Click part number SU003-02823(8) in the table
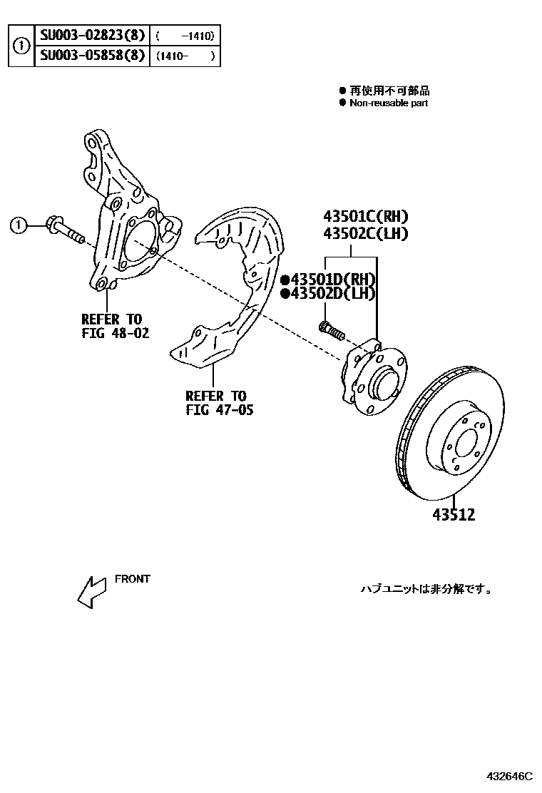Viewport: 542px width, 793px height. tap(92, 36)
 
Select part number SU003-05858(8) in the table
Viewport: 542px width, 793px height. tap(92, 56)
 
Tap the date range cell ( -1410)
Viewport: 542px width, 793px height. tap(184, 36)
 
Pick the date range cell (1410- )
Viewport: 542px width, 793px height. tap(184, 56)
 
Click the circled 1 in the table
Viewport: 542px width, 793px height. tap(22, 46)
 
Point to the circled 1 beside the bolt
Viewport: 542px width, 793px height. tap(19, 226)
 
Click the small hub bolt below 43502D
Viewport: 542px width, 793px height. tap(331, 330)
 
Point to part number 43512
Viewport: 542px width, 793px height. tap(452, 514)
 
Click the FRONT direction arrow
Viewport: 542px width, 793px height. tap(92, 591)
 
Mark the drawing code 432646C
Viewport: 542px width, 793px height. tap(510, 775)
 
